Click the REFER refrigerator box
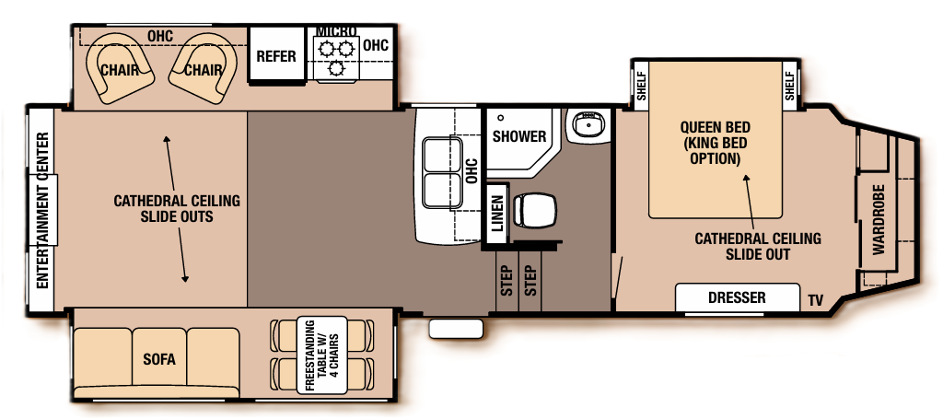point(276,56)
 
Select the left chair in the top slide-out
point(122,69)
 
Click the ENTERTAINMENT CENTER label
point(42,209)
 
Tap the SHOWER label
point(518,136)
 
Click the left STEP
point(506,280)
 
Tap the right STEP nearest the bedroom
point(530,280)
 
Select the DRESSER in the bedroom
point(737,298)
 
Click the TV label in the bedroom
point(815,300)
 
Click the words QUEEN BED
point(715,127)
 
